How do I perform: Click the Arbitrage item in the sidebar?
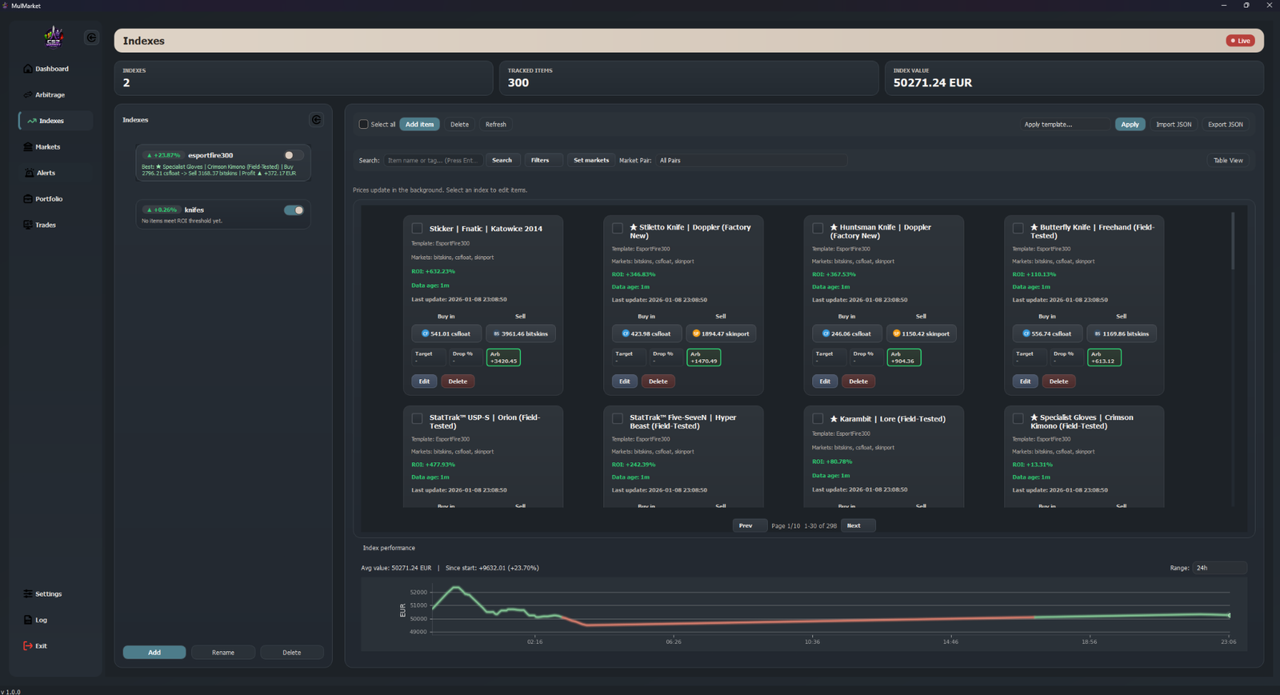(x=50, y=94)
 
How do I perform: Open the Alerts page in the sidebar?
(x=46, y=173)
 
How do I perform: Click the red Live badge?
(x=1240, y=41)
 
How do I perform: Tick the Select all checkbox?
(x=364, y=125)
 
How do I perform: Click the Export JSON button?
(x=1225, y=125)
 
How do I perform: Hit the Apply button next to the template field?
(x=1130, y=125)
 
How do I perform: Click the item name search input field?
(x=433, y=161)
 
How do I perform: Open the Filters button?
(x=540, y=161)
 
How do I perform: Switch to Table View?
(x=1228, y=161)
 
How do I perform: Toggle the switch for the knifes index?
(x=294, y=210)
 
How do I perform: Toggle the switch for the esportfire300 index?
(x=294, y=155)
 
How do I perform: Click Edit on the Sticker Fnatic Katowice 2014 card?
(x=424, y=381)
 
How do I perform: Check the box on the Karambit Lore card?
(x=818, y=419)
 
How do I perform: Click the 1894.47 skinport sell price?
(x=721, y=334)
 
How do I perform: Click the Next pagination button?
(x=854, y=525)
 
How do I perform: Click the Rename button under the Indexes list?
(x=223, y=653)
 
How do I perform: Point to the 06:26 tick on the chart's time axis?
(x=674, y=641)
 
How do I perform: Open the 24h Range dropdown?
(x=1218, y=568)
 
